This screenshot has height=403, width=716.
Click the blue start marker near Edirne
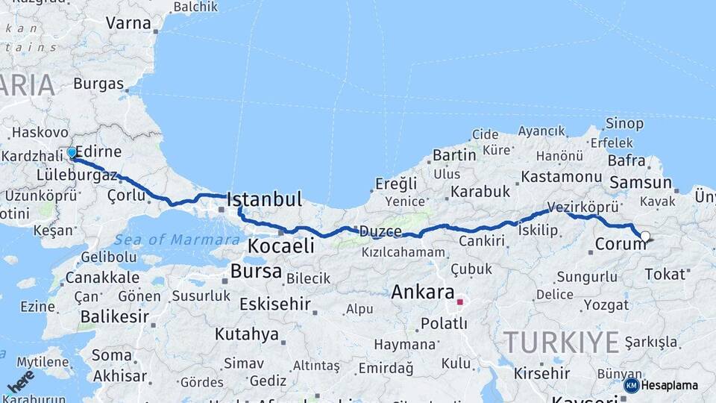[72, 153]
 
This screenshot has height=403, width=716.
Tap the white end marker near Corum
[645, 237]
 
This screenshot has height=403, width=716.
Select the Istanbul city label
[264, 199]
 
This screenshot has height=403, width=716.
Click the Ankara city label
[422, 292]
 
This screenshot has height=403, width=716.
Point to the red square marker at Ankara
[460, 302]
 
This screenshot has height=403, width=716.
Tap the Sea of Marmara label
[168, 240]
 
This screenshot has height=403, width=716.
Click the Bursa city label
[256, 271]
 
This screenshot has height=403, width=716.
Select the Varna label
[128, 23]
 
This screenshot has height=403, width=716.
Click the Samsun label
[641, 182]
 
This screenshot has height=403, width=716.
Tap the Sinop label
[624, 124]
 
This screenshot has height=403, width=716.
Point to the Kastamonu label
[562, 177]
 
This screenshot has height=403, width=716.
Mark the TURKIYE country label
[561, 343]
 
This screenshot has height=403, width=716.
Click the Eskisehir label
[274, 304]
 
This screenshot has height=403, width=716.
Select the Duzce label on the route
[380, 231]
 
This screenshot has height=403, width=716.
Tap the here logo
[20, 381]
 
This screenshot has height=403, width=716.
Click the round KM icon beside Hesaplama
[631, 385]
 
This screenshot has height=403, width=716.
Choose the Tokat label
[665, 274]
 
